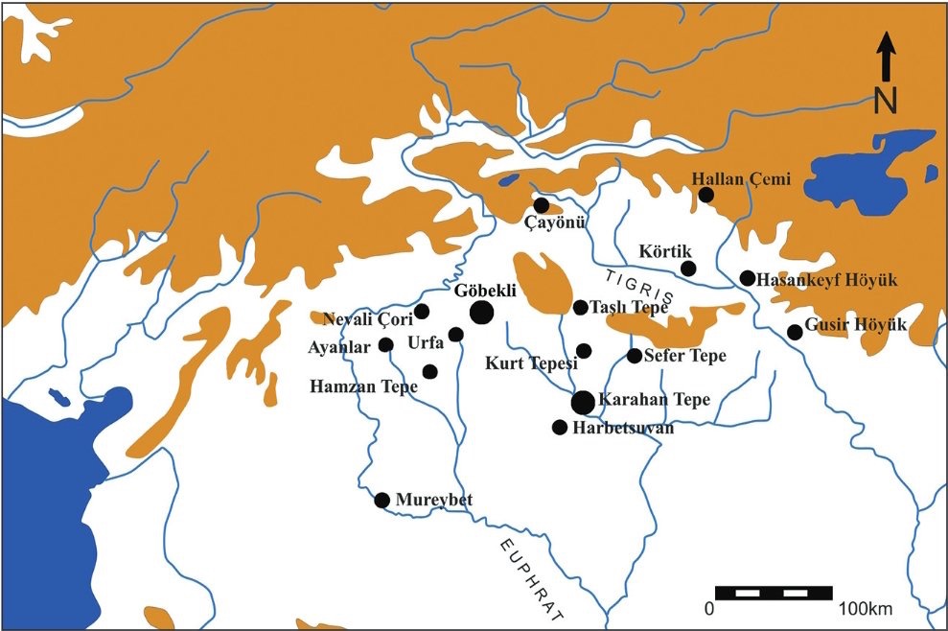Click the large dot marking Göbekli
(481, 312)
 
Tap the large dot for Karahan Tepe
(583, 403)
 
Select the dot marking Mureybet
(382, 500)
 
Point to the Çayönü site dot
(542, 205)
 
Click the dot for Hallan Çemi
(706, 195)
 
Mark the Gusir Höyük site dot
(795, 332)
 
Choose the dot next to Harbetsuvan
(560, 427)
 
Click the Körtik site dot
(687, 268)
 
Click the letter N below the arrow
(886, 99)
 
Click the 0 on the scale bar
(709, 609)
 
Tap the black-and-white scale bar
(774, 592)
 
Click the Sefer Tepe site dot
(634, 356)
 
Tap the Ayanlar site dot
(386, 345)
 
